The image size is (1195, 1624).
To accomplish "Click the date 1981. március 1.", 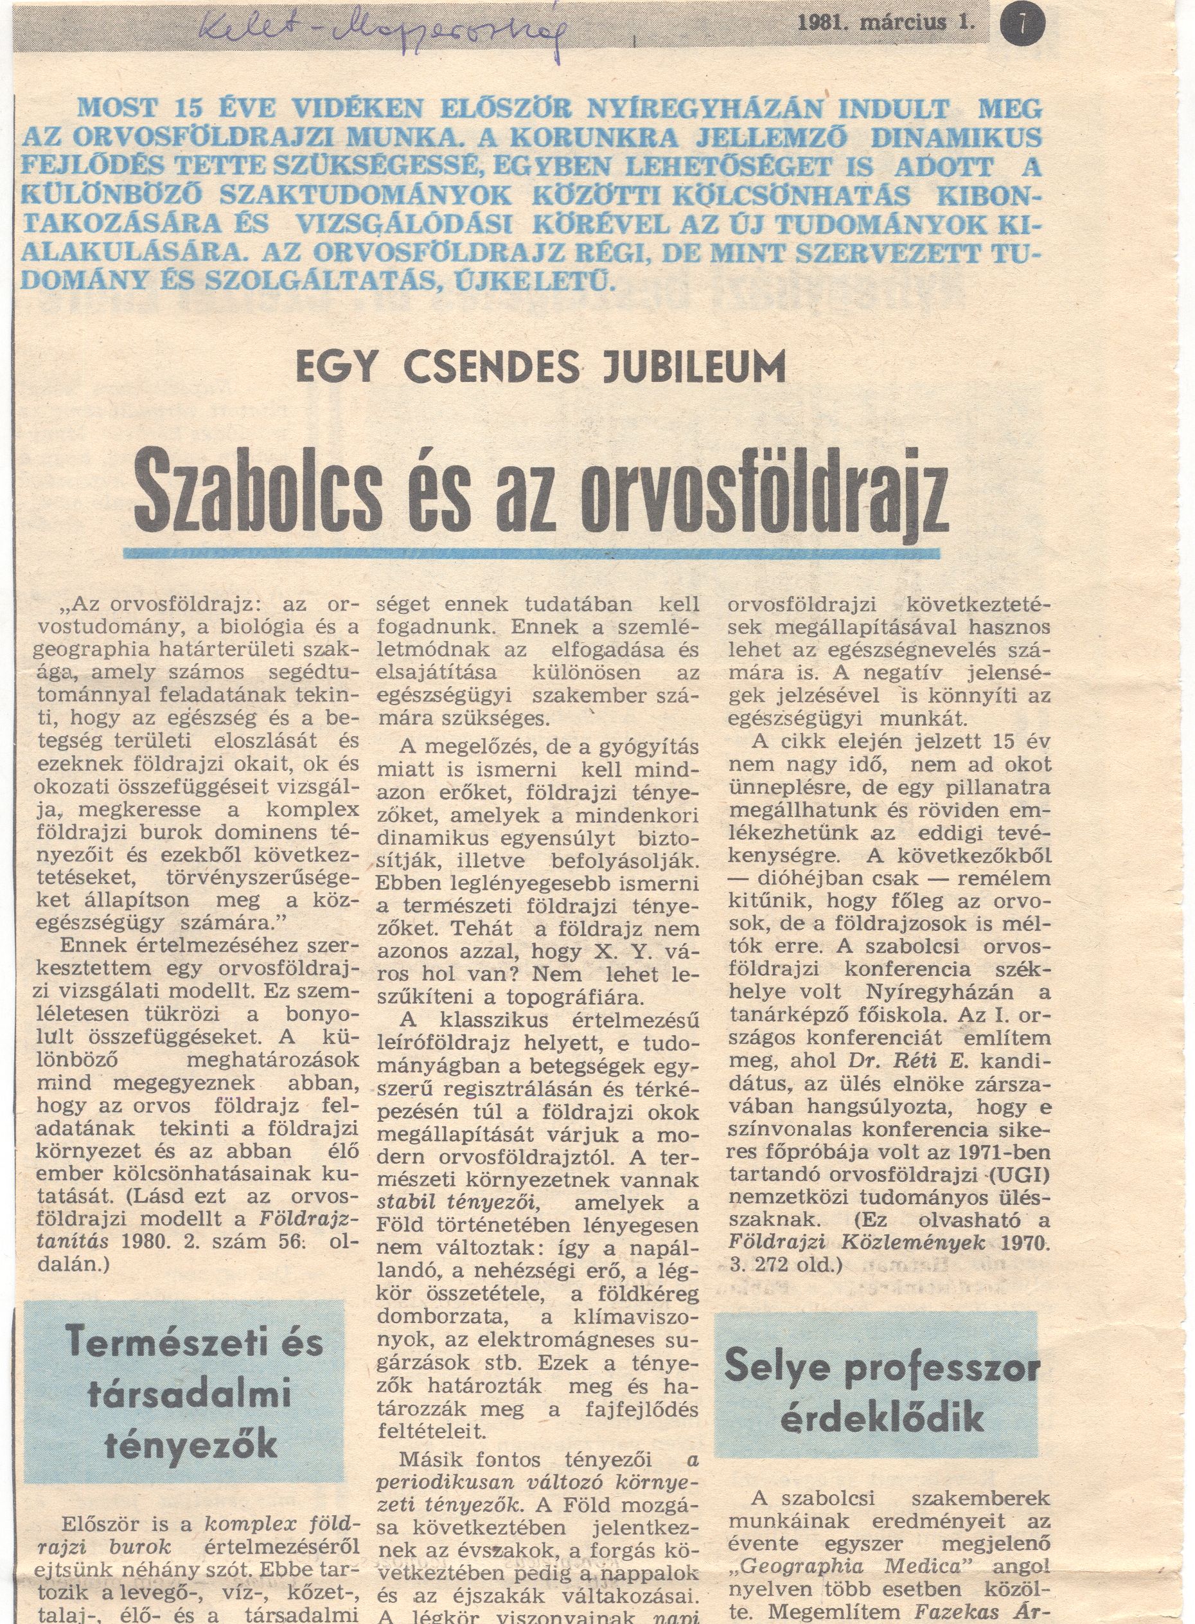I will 886,23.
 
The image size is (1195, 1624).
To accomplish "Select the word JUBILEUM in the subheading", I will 694,367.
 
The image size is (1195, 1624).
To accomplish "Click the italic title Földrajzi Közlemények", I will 857,1245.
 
